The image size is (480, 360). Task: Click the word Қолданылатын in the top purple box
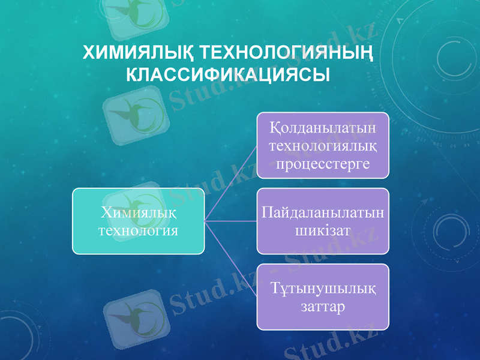point(323,128)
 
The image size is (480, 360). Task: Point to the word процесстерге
point(323,163)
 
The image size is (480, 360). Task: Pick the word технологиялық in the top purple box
point(323,146)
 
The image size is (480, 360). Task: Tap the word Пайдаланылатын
point(323,212)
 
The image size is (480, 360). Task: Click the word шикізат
point(323,230)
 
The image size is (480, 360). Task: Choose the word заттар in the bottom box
point(323,307)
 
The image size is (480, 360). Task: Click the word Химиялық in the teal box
point(139,212)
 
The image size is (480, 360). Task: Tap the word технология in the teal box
point(139,230)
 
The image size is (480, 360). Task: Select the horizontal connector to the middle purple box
point(231,221)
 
